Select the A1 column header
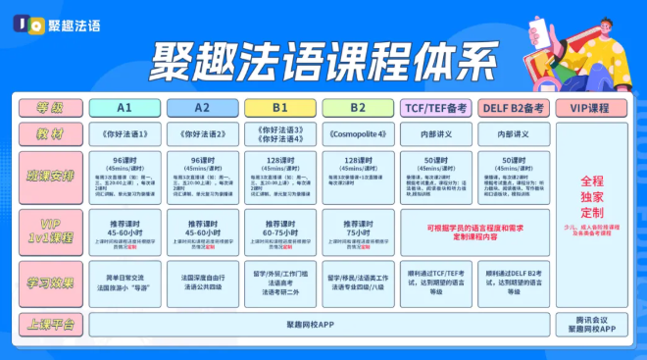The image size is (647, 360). (124, 107)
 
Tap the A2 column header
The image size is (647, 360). (202, 107)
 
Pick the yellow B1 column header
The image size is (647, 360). (279, 107)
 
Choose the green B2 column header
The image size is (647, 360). (357, 107)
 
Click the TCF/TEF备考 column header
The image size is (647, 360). (435, 107)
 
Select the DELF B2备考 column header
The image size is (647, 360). (513, 107)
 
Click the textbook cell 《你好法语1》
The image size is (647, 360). (124, 133)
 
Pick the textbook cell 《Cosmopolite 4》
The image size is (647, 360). (357, 133)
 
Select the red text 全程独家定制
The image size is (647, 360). (592, 196)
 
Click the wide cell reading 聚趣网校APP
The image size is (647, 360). (320, 323)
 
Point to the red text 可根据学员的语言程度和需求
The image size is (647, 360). (473, 227)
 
